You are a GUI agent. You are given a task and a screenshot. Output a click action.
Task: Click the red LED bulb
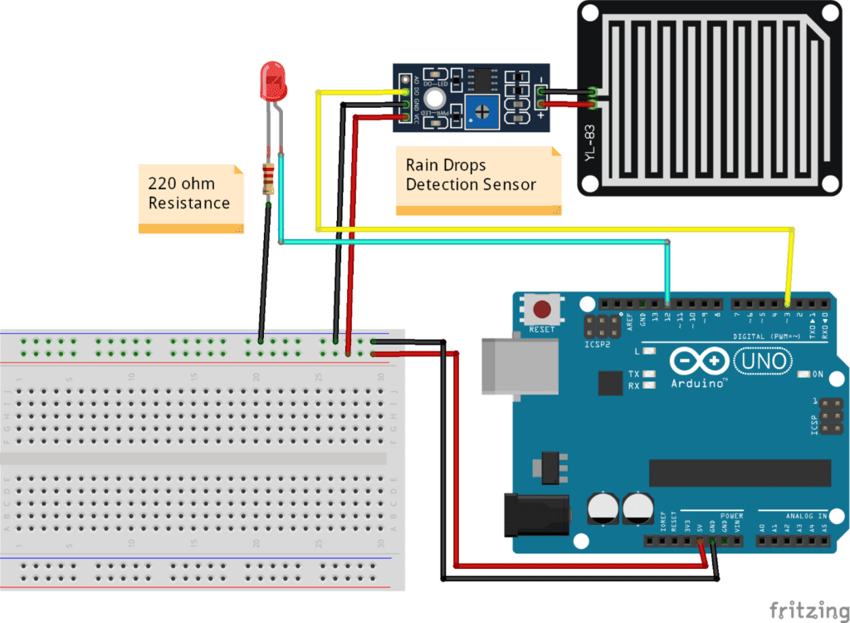(273, 79)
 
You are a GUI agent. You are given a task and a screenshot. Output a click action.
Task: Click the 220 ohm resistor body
(268, 179)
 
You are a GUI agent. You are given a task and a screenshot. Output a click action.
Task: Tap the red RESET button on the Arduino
(542, 310)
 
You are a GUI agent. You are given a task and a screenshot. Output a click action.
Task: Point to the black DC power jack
(536, 514)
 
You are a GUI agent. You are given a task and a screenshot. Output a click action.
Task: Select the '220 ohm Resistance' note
(190, 198)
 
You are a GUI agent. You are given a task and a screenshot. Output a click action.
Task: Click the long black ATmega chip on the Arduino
(740, 473)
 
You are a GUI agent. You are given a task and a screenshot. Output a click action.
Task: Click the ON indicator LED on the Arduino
(804, 375)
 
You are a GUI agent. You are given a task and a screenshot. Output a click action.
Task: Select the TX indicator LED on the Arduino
(648, 374)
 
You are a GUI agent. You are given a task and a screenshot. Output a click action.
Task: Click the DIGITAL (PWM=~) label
(766, 336)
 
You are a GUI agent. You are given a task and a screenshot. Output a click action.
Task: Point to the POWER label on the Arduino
(731, 515)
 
